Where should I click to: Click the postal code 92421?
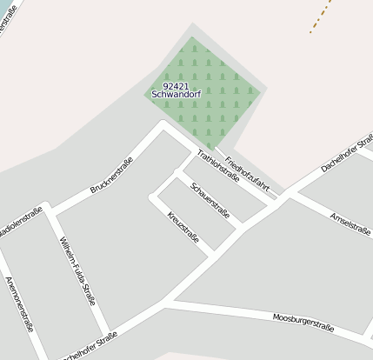point(176,86)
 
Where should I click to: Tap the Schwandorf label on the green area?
point(176,94)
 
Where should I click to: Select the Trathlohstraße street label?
point(217,164)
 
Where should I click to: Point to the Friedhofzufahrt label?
point(247,174)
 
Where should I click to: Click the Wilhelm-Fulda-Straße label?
point(77,270)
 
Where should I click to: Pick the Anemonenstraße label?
point(19,304)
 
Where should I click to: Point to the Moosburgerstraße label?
point(303,322)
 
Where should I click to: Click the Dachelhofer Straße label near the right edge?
point(347,153)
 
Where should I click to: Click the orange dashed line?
point(321,17)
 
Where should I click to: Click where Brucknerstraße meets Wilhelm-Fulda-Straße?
point(51,210)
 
